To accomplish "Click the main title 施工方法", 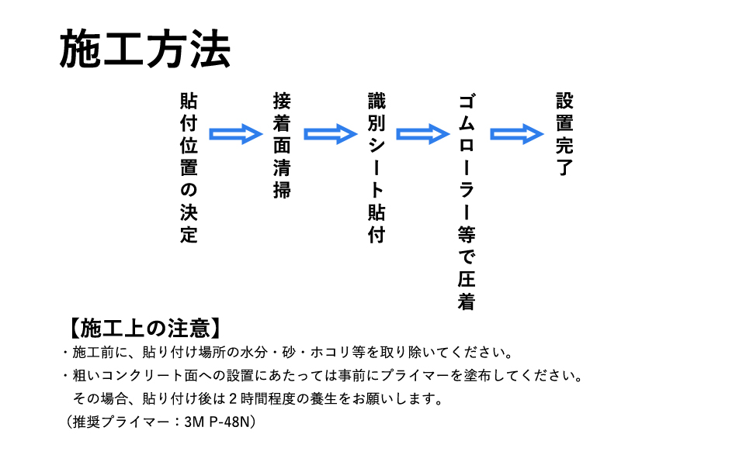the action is [145, 49].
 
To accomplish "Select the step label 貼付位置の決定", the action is [189, 167].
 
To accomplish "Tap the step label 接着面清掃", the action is [282, 146].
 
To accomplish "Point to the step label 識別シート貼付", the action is [376, 167].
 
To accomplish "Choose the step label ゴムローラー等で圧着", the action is [467, 201].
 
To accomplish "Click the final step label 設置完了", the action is [565, 134].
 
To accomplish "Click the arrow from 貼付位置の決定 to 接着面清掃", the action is [236, 134].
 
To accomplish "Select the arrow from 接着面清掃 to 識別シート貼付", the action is [331, 134].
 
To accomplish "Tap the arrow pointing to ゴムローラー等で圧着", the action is [422, 134].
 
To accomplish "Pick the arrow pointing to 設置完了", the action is [517, 134].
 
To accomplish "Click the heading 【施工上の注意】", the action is [145, 329].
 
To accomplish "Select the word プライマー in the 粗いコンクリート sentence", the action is [415, 375].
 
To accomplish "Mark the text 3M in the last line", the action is [195, 422].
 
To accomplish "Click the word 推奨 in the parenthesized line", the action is [86, 422].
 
